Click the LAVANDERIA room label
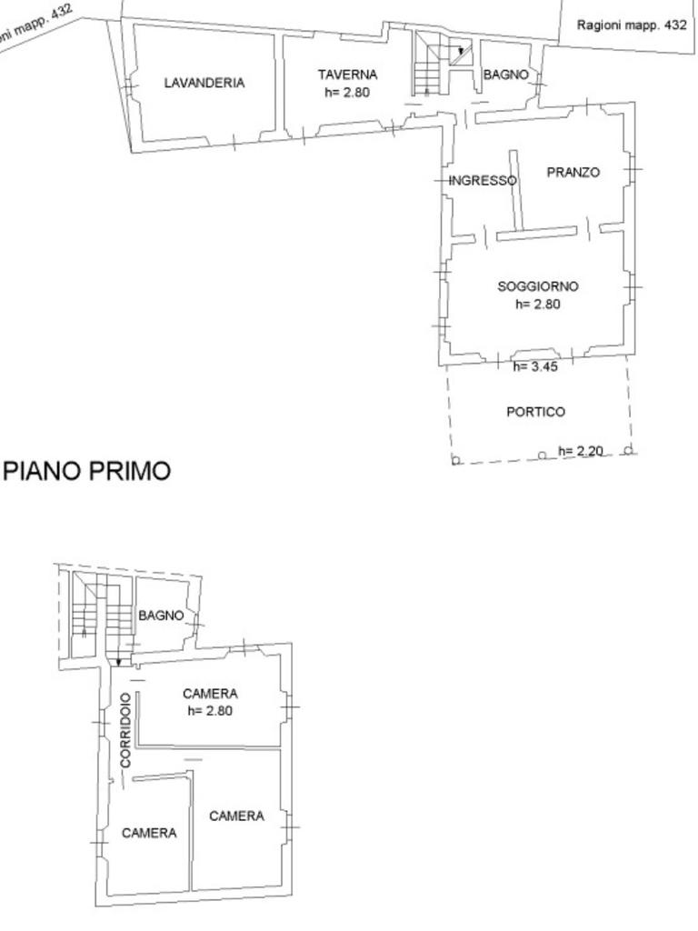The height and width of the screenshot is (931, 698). [204, 83]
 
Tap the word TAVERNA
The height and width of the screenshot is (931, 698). [347, 75]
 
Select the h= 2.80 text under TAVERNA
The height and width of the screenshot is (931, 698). [347, 92]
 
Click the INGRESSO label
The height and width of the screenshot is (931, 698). [483, 180]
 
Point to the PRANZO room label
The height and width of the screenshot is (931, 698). [573, 172]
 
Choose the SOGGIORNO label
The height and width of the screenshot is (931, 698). [538, 286]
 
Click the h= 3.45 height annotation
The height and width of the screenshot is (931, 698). [535, 366]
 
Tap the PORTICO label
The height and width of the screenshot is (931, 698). [535, 412]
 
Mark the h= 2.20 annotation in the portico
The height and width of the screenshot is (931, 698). [581, 451]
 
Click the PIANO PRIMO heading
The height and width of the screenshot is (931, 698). [87, 471]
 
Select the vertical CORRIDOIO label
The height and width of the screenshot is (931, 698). [125, 730]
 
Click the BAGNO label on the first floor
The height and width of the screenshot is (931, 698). [161, 616]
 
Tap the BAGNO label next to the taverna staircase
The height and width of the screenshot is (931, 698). [505, 75]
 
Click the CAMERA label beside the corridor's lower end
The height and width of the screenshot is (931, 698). [149, 833]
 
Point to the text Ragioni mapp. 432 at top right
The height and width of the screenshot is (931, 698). [632, 25]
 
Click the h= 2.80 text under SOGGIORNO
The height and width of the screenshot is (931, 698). [538, 304]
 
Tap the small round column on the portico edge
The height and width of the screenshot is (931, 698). [542, 455]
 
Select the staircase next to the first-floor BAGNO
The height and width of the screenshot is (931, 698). [101, 616]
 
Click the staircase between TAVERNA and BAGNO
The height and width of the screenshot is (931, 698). [443, 64]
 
